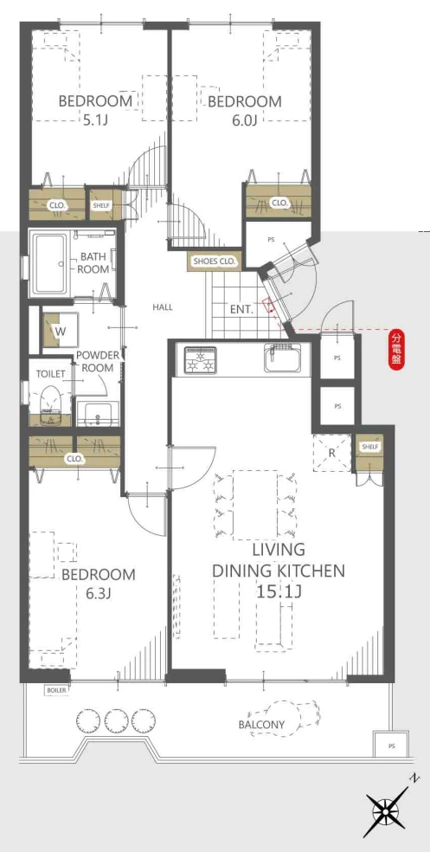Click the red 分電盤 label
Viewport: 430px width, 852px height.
[396, 350]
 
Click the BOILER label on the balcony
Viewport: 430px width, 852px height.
[56, 690]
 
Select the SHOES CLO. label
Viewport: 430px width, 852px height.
[214, 261]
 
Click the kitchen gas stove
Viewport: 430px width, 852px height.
[201, 359]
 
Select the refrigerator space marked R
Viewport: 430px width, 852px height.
[332, 453]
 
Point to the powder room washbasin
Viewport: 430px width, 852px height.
[98, 415]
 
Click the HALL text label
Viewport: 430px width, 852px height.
[163, 307]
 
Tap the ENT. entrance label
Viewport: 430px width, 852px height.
[241, 310]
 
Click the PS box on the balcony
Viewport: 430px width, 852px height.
[391, 746]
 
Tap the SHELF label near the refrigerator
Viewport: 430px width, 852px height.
[369, 447]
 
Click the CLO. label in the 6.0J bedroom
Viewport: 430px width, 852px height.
[279, 203]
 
